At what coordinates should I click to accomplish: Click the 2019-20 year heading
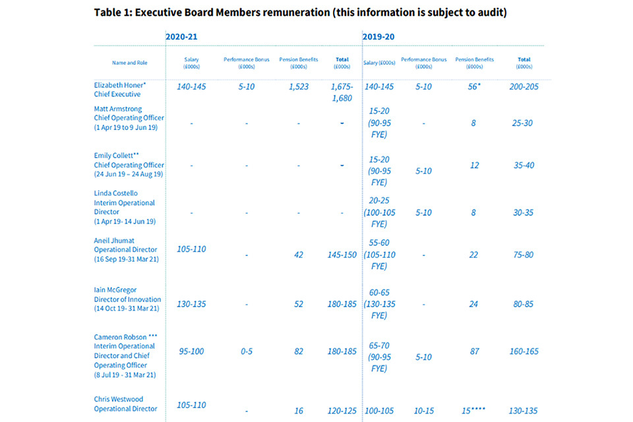[x=378, y=37]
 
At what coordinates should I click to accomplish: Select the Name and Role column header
[x=130, y=63]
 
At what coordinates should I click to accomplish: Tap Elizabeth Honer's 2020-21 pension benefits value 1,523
[x=299, y=86]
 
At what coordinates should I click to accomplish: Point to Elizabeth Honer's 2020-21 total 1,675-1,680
[x=342, y=92]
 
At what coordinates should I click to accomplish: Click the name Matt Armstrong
[x=118, y=109]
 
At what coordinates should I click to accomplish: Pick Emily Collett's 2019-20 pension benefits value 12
[x=474, y=165]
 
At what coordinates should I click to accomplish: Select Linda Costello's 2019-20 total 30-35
[x=524, y=212]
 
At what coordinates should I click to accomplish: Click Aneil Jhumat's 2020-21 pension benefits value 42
[x=299, y=255]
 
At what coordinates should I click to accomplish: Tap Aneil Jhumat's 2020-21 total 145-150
[x=342, y=255]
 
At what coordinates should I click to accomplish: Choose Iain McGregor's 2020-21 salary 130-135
[x=192, y=304]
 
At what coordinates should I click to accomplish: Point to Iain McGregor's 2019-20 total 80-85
[x=524, y=304]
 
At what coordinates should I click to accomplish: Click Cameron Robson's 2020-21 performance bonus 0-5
[x=247, y=351]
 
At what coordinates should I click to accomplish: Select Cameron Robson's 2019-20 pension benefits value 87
[x=474, y=351]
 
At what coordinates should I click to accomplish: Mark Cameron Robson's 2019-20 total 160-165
[x=524, y=351]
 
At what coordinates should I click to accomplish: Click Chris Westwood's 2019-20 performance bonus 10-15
[x=423, y=410]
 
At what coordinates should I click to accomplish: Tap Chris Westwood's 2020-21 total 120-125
[x=342, y=410]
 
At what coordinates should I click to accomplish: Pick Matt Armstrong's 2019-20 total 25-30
[x=524, y=123]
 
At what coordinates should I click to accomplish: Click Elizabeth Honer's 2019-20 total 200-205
[x=524, y=86]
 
